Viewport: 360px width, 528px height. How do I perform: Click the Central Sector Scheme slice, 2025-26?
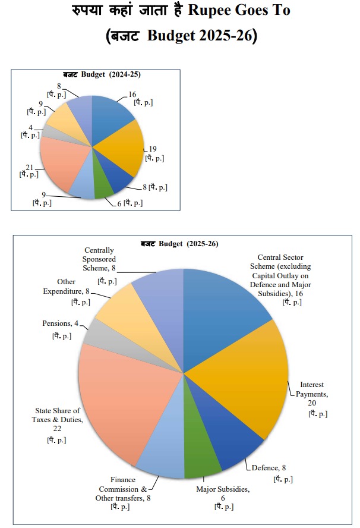tap(226, 309)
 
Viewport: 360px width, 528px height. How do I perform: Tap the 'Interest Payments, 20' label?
tap(311, 393)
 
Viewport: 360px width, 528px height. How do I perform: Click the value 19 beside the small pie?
tap(152, 149)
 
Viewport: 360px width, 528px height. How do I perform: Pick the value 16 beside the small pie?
tap(132, 93)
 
